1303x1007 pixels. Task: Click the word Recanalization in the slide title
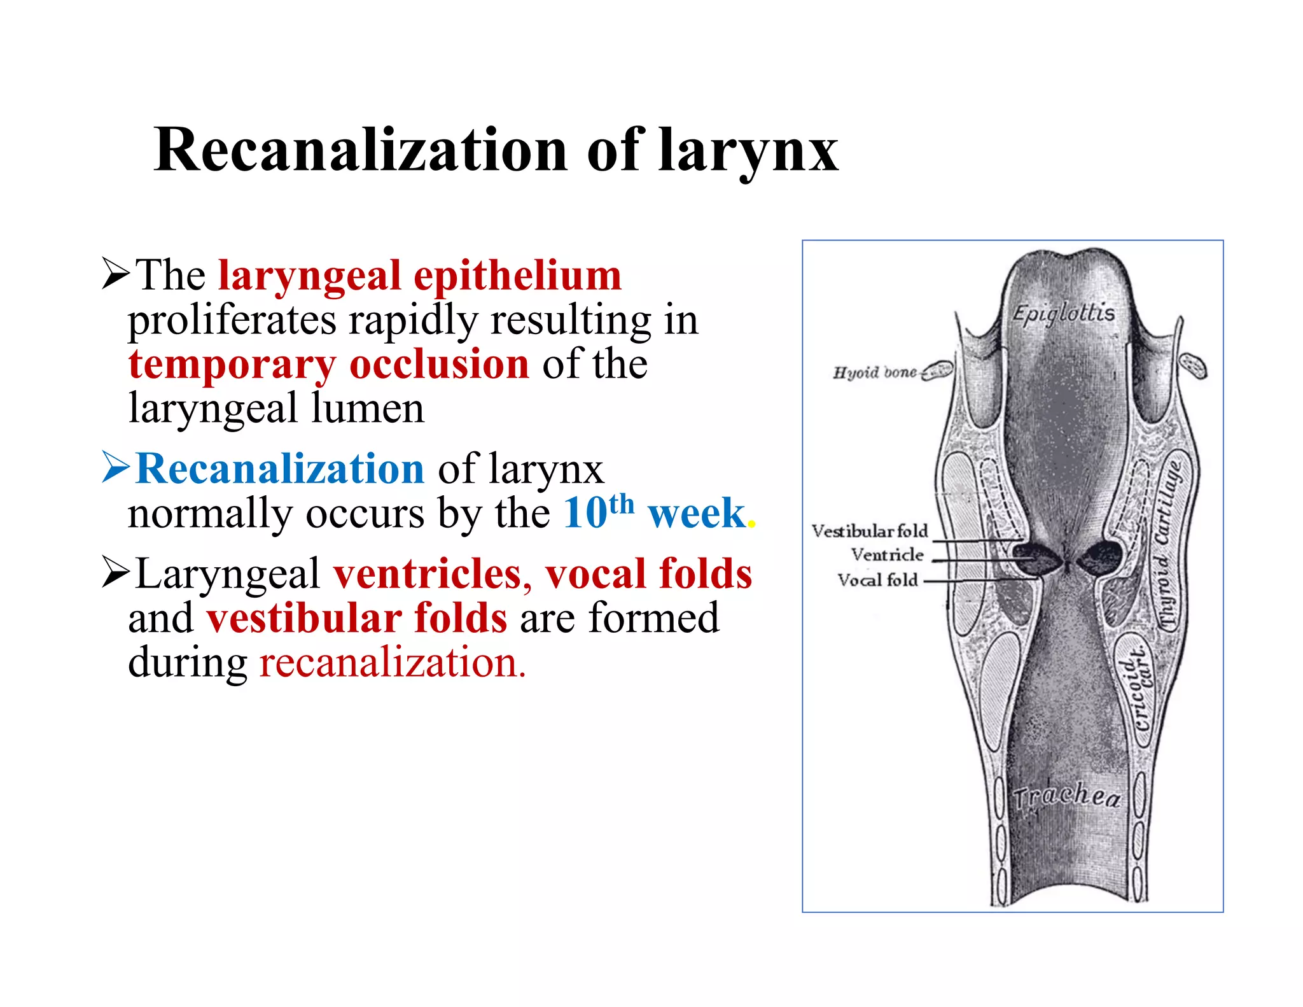pos(360,150)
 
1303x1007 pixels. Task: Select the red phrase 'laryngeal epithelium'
pos(420,276)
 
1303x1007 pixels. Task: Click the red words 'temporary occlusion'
pos(328,365)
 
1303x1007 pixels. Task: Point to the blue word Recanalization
pos(280,468)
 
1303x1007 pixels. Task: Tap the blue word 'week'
pos(696,513)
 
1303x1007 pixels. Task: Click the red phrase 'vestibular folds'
pos(357,618)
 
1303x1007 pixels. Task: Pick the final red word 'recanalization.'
pos(393,663)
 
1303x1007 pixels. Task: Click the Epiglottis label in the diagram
pos(1063,313)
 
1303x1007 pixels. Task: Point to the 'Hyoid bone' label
pos(875,372)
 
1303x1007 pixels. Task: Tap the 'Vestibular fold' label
pos(870,531)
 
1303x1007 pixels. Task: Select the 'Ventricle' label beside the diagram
pos(887,555)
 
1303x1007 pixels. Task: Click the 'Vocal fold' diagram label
pos(877,580)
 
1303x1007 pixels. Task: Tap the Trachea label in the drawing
pos(1066,796)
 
